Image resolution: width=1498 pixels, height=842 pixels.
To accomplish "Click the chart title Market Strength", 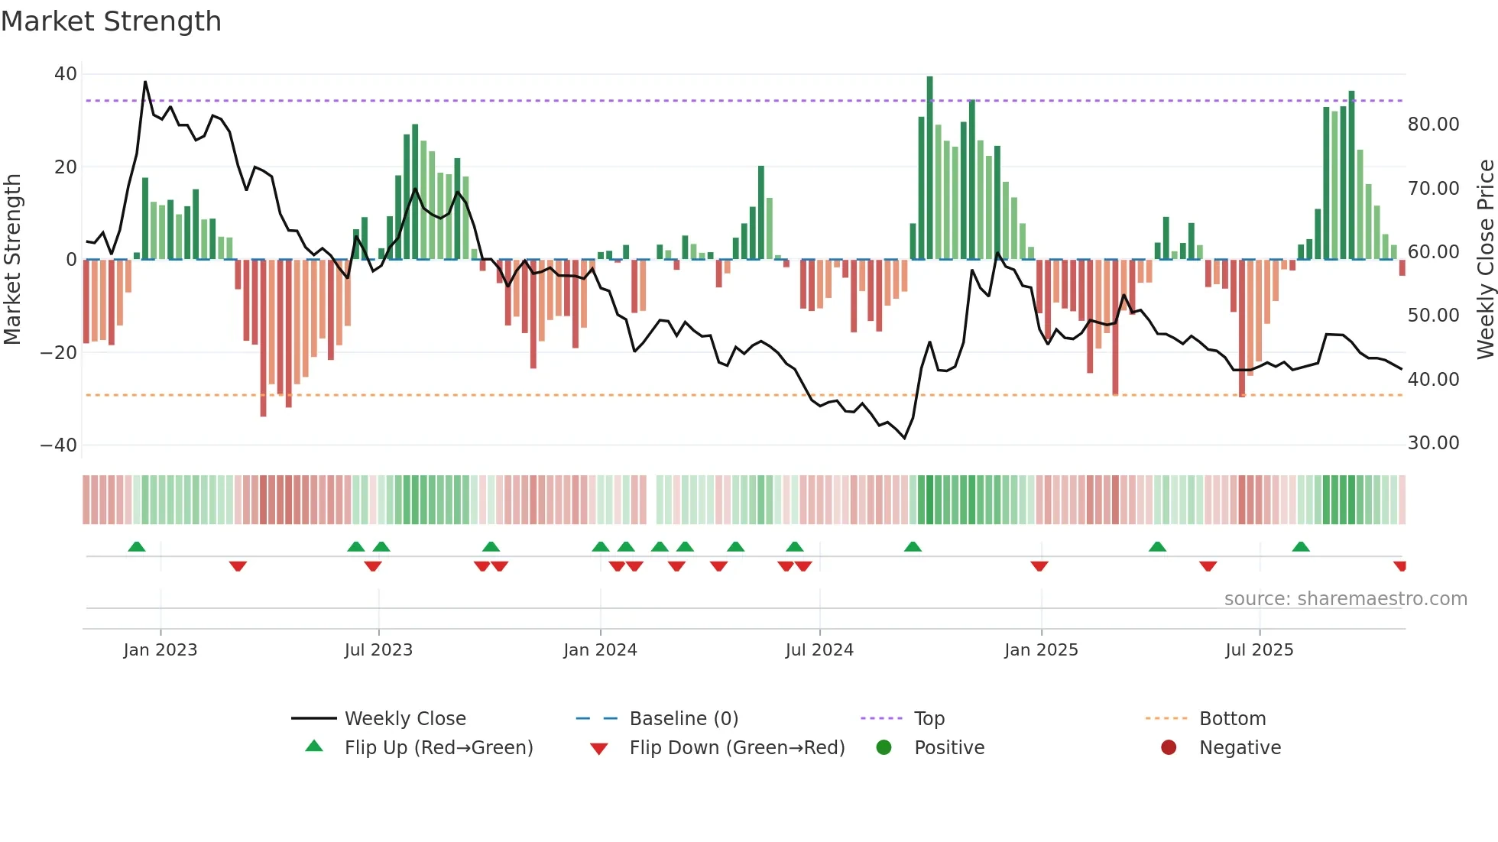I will [x=111, y=21].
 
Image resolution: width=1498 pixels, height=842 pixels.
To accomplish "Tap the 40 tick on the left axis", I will [x=66, y=74].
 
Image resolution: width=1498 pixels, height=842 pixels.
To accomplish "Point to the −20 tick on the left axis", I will [x=59, y=353].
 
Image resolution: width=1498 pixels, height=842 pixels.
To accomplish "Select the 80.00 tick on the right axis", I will [x=1433, y=125].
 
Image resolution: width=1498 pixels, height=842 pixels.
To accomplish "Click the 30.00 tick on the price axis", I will [x=1433, y=443].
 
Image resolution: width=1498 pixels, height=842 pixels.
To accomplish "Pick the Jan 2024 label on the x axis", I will [x=600, y=650].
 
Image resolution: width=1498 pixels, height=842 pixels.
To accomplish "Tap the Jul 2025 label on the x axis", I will [x=1259, y=650].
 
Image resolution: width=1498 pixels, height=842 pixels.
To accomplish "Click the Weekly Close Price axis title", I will [x=1485, y=260].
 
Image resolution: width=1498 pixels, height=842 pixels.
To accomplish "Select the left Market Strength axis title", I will [x=12, y=260].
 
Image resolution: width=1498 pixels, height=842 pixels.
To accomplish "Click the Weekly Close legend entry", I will [x=404, y=719].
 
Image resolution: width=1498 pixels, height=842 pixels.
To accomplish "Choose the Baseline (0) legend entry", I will [x=683, y=719].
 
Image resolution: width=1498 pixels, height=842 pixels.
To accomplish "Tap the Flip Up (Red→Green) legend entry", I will [x=438, y=748].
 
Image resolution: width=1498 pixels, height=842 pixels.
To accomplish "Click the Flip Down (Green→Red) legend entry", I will [x=737, y=748].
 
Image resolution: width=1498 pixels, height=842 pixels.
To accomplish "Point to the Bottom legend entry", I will [x=1232, y=719].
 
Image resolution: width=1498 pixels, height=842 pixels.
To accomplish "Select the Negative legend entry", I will [x=1240, y=748].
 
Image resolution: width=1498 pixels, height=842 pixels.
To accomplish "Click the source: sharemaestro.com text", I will [x=1345, y=599].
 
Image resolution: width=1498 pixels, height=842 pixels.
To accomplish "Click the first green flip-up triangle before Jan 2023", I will [x=137, y=547].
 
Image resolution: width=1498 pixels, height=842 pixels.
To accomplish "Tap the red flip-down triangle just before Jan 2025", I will [x=1039, y=566].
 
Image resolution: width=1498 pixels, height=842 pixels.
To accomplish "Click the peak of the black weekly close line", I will [x=145, y=82].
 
